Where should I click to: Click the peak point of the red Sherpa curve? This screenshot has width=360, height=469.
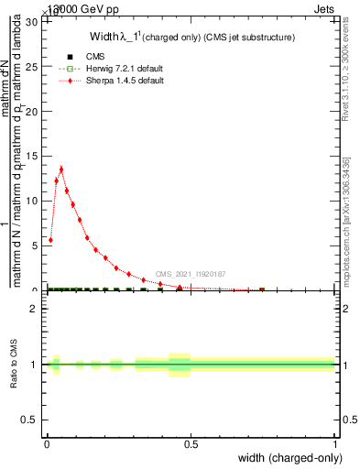tap(61, 169)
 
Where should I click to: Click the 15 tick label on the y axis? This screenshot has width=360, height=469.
tap(36, 156)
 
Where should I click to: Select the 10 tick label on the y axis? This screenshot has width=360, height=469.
tap(36, 201)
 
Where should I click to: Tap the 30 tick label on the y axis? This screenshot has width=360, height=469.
tap(36, 21)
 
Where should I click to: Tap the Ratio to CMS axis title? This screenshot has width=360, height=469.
tap(15, 365)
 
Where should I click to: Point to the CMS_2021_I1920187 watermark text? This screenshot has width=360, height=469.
tap(190, 274)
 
